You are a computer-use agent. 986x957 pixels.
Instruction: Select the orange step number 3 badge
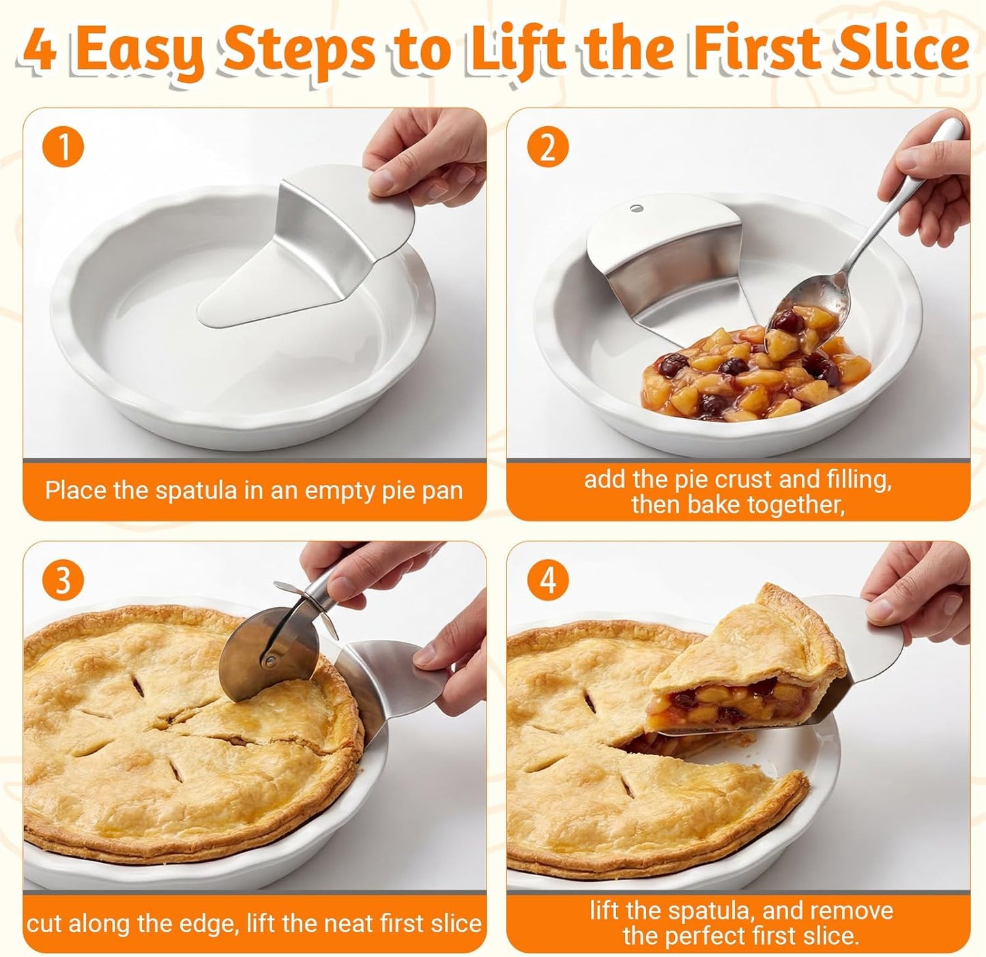tap(63, 580)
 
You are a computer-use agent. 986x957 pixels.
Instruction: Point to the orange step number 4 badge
tap(548, 580)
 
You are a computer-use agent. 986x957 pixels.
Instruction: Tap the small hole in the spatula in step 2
tap(637, 208)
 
